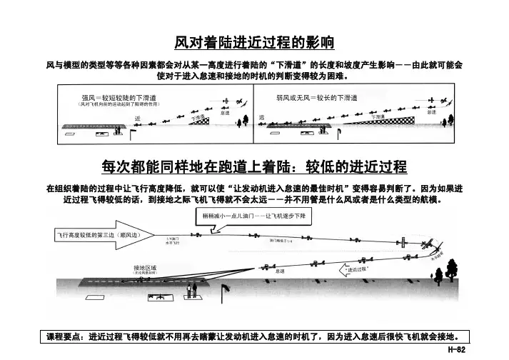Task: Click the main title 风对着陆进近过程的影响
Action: tap(255, 42)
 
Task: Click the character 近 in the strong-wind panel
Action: tap(138, 118)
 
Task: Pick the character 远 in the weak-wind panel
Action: tap(261, 117)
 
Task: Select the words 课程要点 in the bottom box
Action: tap(66, 336)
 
